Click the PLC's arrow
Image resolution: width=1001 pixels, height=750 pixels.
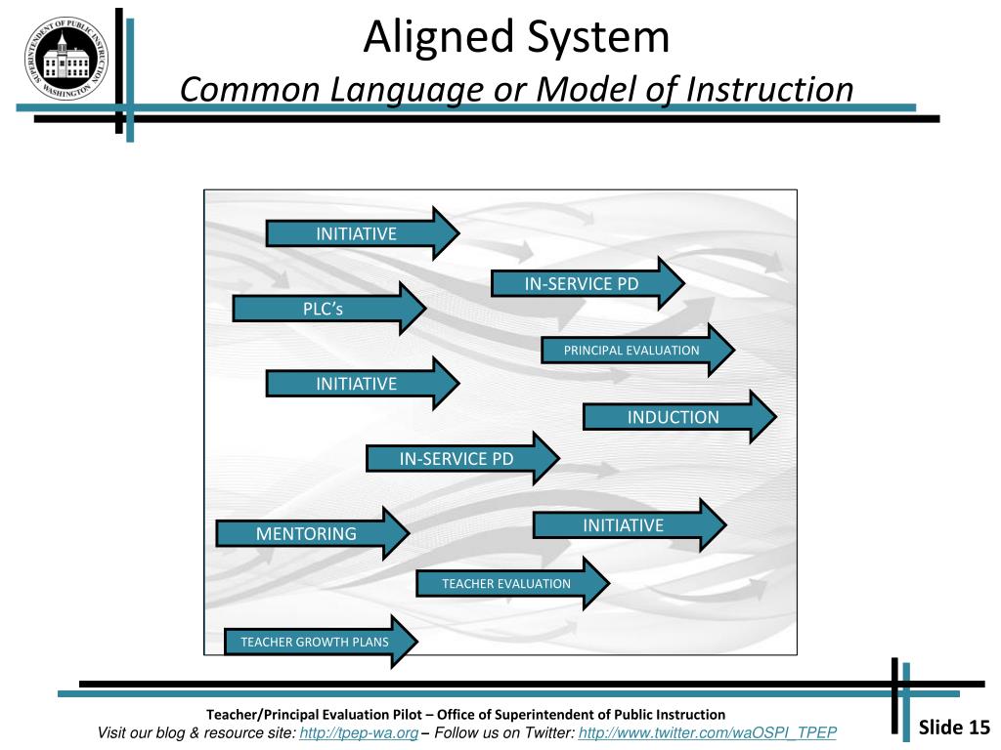pyautogui.click(x=323, y=309)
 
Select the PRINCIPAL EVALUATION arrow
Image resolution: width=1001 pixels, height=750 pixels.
pyautogui.click(x=631, y=350)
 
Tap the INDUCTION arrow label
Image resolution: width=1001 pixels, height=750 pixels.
pyautogui.click(x=673, y=417)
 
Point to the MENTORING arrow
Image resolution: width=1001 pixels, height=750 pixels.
pyautogui.click(x=306, y=533)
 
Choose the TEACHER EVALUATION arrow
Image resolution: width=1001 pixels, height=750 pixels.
pyautogui.click(x=506, y=583)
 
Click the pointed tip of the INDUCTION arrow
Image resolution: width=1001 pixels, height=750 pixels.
pyautogui.click(x=774, y=417)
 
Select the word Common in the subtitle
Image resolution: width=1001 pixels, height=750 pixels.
pyautogui.click(x=251, y=90)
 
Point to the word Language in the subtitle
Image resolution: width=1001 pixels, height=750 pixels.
pyautogui.click(x=405, y=90)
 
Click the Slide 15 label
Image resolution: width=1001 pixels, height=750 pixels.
pyautogui.click(x=955, y=727)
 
